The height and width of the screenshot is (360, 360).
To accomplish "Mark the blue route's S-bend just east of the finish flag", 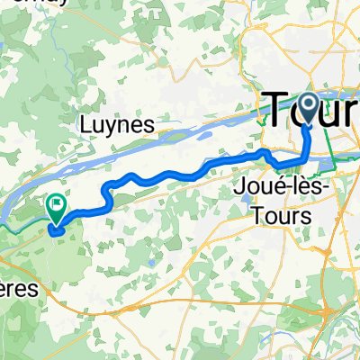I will pyautogui.click(x=109, y=193).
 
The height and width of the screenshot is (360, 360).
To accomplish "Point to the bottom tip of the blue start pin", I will pyautogui.click(x=306, y=123).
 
